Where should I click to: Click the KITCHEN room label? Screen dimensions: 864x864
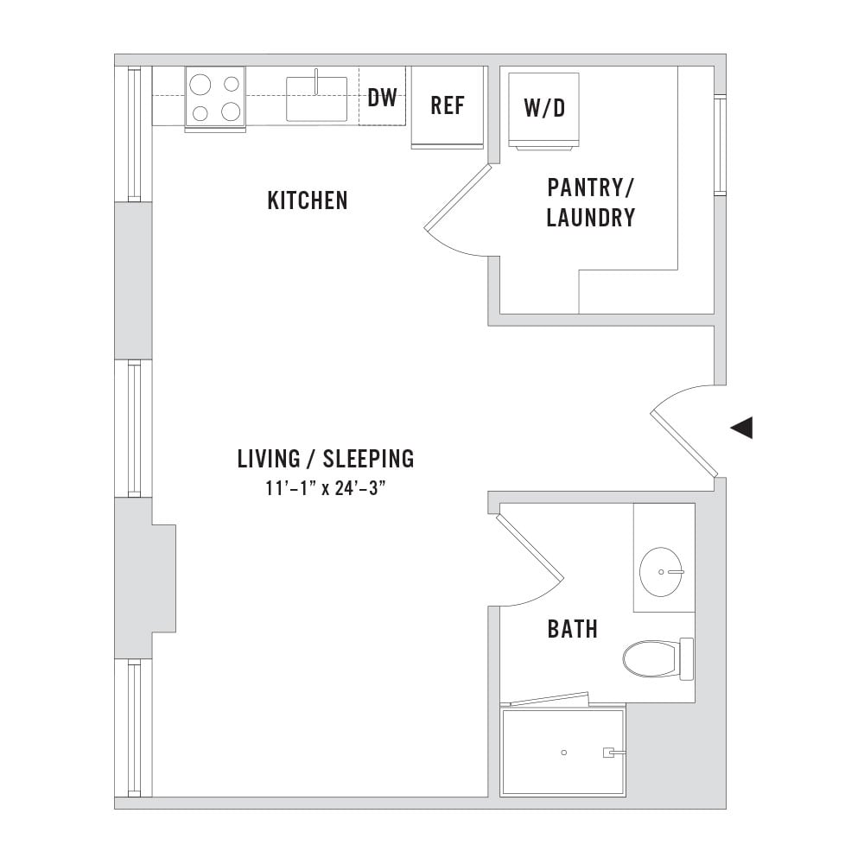click(308, 200)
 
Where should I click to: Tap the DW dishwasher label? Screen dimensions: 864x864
click(382, 98)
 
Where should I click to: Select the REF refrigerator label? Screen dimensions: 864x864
click(448, 105)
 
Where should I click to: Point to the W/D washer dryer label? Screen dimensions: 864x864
click(544, 108)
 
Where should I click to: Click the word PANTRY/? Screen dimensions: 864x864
click(591, 187)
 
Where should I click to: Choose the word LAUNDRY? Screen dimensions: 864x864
click(591, 218)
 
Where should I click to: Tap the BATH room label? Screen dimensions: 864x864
click(573, 629)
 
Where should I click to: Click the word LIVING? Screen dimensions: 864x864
click(269, 459)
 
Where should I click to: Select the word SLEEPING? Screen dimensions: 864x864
click(368, 459)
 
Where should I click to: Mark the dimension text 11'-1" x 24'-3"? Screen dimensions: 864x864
click(325, 488)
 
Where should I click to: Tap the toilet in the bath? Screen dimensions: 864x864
click(658, 658)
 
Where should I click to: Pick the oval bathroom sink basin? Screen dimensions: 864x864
click(661, 572)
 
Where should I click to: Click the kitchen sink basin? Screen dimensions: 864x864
click(316, 99)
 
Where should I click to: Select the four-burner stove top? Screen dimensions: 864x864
click(215, 98)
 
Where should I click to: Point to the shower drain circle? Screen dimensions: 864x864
click(563, 753)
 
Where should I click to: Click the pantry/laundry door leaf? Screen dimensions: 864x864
click(457, 196)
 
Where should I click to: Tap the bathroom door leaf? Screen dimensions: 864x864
click(530, 547)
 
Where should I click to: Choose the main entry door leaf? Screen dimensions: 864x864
click(683, 443)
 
